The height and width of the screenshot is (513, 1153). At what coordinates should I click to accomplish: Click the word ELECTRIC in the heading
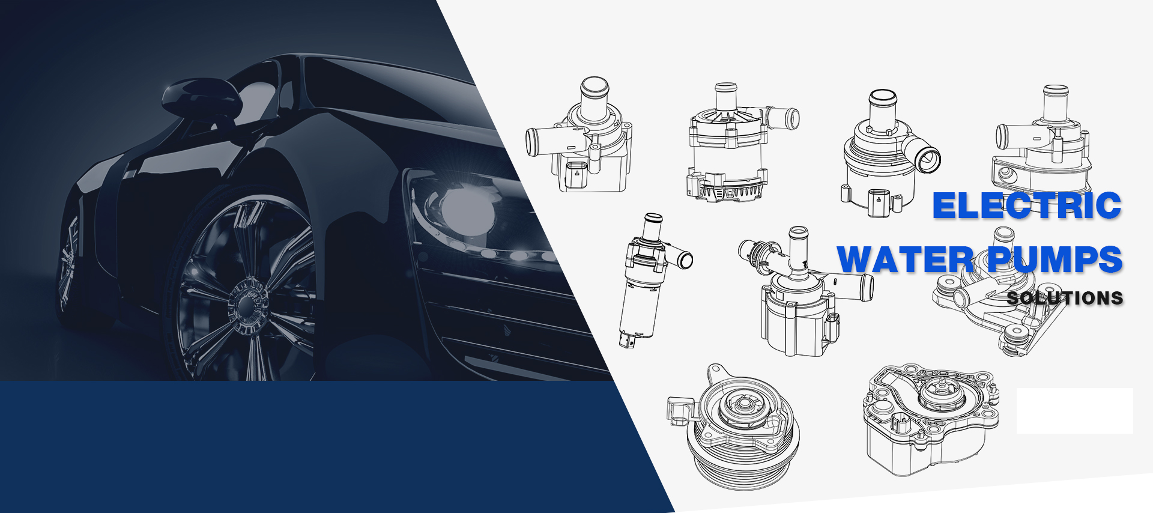click(x=1027, y=205)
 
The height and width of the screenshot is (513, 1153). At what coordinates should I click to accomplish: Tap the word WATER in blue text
click(x=905, y=260)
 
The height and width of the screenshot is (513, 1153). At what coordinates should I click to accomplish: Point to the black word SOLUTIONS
click(x=1065, y=298)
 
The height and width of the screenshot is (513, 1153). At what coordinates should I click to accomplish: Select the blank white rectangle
click(x=1074, y=411)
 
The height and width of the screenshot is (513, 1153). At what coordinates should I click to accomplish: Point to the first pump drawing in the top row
click(x=579, y=135)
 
